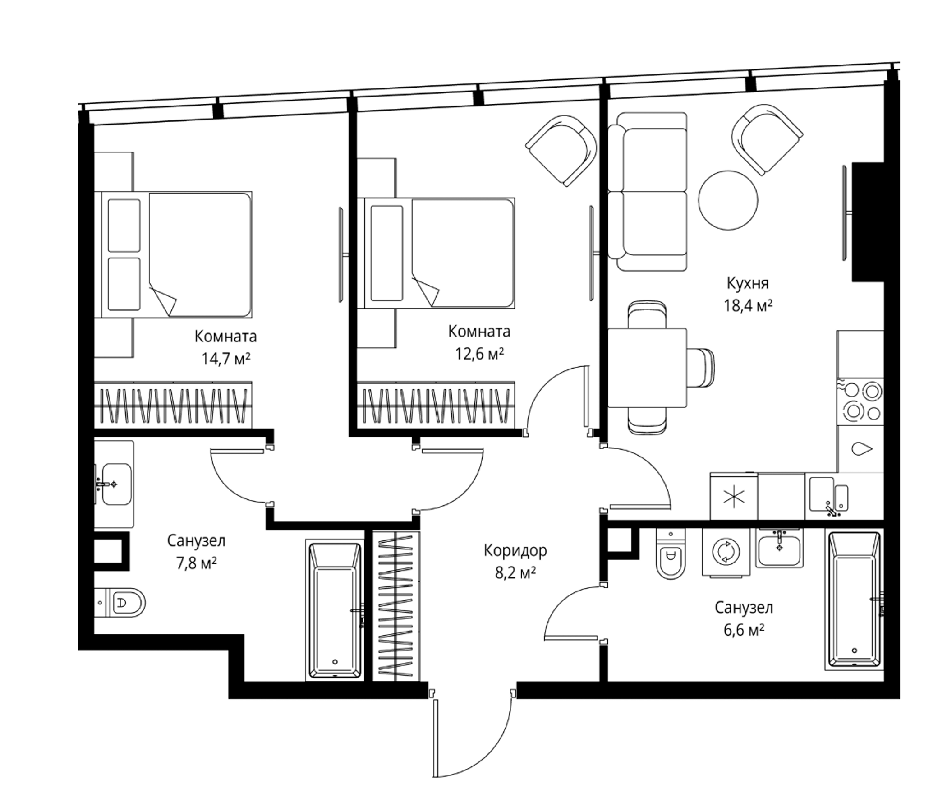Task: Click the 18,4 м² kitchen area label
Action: (x=748, y=305)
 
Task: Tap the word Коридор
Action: (x=515, y=550)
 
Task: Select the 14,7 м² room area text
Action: (x=226, y=359)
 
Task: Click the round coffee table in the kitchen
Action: (x=728, y=200)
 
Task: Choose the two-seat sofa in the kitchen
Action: (x=648, y=192)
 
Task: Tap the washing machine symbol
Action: (x=725, y=552)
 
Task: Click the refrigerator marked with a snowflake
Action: (x=734, y=497)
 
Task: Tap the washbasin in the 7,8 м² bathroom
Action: (x=115, y=484)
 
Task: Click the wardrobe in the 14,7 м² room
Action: (x=173, y=405)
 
